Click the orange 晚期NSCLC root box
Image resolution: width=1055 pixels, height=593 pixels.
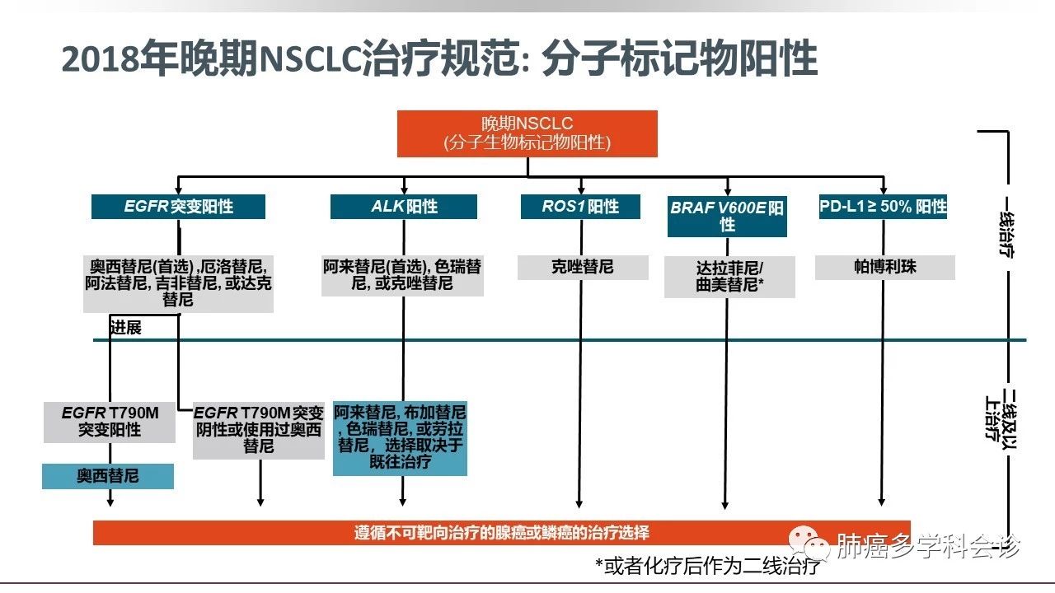click(527, 133)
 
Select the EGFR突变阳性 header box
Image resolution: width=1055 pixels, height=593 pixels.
click(178, 207)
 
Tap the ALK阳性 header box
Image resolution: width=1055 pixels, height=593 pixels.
click(403, 207)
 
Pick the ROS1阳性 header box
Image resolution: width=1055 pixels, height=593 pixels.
click(579, 206)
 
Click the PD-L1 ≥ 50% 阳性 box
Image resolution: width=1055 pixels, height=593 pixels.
click(883, 206)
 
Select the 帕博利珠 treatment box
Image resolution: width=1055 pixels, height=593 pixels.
click(884, 268)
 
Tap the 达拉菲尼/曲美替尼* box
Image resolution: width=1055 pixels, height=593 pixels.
click(730, 277)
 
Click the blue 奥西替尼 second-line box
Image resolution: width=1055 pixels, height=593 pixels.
click(108, 476)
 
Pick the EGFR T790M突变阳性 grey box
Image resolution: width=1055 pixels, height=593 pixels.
click(110, 421)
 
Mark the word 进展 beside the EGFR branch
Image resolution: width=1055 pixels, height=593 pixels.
click(125, 328)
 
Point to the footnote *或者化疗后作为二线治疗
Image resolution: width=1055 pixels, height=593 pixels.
click(707, 566)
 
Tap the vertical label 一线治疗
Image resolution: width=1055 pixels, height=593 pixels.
click(1006, 227)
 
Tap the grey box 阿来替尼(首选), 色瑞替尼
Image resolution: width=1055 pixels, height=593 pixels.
click(402, 275)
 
